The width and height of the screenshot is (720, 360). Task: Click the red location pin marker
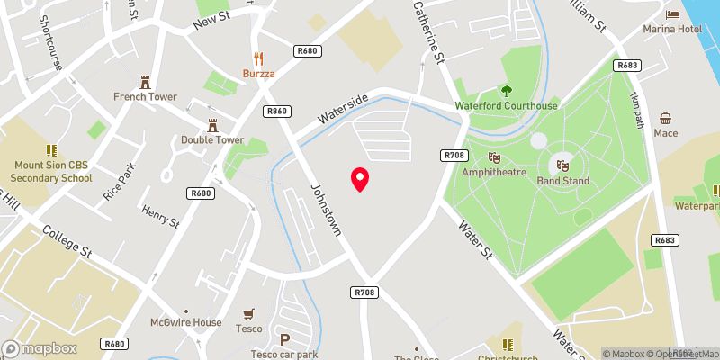click(x=360, y=179)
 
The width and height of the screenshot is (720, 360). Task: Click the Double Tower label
click(x=212, y=139)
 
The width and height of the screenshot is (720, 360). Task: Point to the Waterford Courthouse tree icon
click(x=506, y=90)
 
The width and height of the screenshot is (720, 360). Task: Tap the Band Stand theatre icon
click(x=563, y=166)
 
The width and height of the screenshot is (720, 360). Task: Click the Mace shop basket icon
click(x=666, y=119)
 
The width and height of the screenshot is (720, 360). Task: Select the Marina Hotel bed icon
click(x=672, y=14)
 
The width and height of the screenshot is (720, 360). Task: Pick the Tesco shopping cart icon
click(x=249, y=313)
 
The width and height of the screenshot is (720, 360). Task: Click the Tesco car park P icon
click(x=285, y=339)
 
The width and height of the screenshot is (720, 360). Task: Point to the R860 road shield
click(x=276, y=112)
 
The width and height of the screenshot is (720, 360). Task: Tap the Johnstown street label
click(x=326, y=211)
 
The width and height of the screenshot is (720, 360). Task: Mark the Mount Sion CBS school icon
click(x=52, y=150)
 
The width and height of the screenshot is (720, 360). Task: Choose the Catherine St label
click(x=429, y=44)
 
